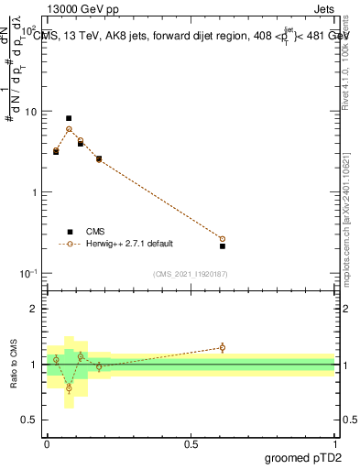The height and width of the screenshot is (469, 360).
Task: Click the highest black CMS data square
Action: coord(69,118)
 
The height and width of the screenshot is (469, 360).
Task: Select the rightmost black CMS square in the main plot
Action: coord(223,246)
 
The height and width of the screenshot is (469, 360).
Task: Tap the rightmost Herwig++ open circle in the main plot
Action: coord(223,239)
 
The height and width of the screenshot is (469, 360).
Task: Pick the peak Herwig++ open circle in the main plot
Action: coord(69,129)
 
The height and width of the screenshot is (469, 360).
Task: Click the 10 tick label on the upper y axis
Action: coord(30,112)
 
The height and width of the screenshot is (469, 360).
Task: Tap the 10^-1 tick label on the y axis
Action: coord(27,274)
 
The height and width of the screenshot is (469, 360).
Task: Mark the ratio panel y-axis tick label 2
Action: coord(36,309)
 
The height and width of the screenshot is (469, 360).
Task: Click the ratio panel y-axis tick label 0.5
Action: coord(31,420)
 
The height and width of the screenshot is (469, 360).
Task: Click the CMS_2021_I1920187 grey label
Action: coord(190,274)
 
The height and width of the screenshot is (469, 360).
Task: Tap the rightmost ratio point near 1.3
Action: coord(223,347)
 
